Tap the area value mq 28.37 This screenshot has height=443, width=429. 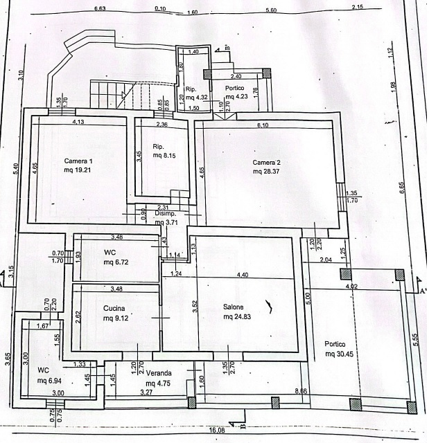tap(267, 171)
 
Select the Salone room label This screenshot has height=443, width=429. tap(234, 307)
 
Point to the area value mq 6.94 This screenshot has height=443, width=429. tap(50, 381)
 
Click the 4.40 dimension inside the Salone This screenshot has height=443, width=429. tap(243, 275)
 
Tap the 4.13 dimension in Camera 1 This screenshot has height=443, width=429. tap(79, 122)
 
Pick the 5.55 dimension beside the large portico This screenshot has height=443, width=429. tap(414, 341)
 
